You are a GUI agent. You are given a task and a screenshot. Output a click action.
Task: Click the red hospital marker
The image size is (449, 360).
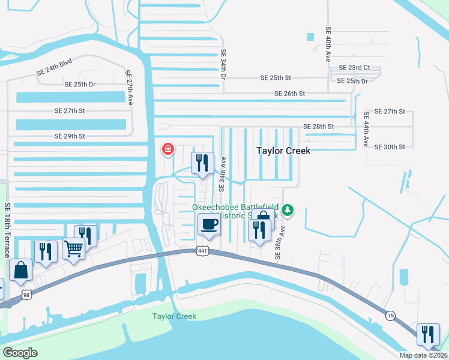tap(168, 149)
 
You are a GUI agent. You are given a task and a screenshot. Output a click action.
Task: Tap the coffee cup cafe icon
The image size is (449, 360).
tap(209, 225)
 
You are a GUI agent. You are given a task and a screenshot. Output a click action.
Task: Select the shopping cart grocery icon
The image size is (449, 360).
tap(73, 247)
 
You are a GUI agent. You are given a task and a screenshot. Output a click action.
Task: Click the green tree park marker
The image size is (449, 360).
tap(288, 209)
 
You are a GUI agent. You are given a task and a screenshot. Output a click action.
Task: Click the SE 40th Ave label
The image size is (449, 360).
tap(328, 45)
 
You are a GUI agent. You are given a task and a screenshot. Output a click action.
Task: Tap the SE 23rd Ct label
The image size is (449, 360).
tap(354, 68)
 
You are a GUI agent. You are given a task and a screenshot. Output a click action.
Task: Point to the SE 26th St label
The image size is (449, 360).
tap(290, 94)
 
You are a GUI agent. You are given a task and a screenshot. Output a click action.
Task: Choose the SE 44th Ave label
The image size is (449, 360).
tap(366, 129)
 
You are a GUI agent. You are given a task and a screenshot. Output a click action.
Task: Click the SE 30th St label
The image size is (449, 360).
tap(390, 146)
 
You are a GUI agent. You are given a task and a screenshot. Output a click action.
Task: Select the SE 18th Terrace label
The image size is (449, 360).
tap(7, 230)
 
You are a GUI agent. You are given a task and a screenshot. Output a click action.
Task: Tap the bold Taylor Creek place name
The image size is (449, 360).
tap(283, 151)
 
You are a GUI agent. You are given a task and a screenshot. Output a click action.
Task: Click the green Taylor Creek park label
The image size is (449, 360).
tap(174, 316)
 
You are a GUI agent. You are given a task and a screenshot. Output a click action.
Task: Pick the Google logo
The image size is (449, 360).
tap(20, 353)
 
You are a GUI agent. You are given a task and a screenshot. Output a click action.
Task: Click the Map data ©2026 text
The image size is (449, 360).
tap(423, 355)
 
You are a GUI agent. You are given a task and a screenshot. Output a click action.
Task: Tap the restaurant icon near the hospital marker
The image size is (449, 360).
tap(202, 163)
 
